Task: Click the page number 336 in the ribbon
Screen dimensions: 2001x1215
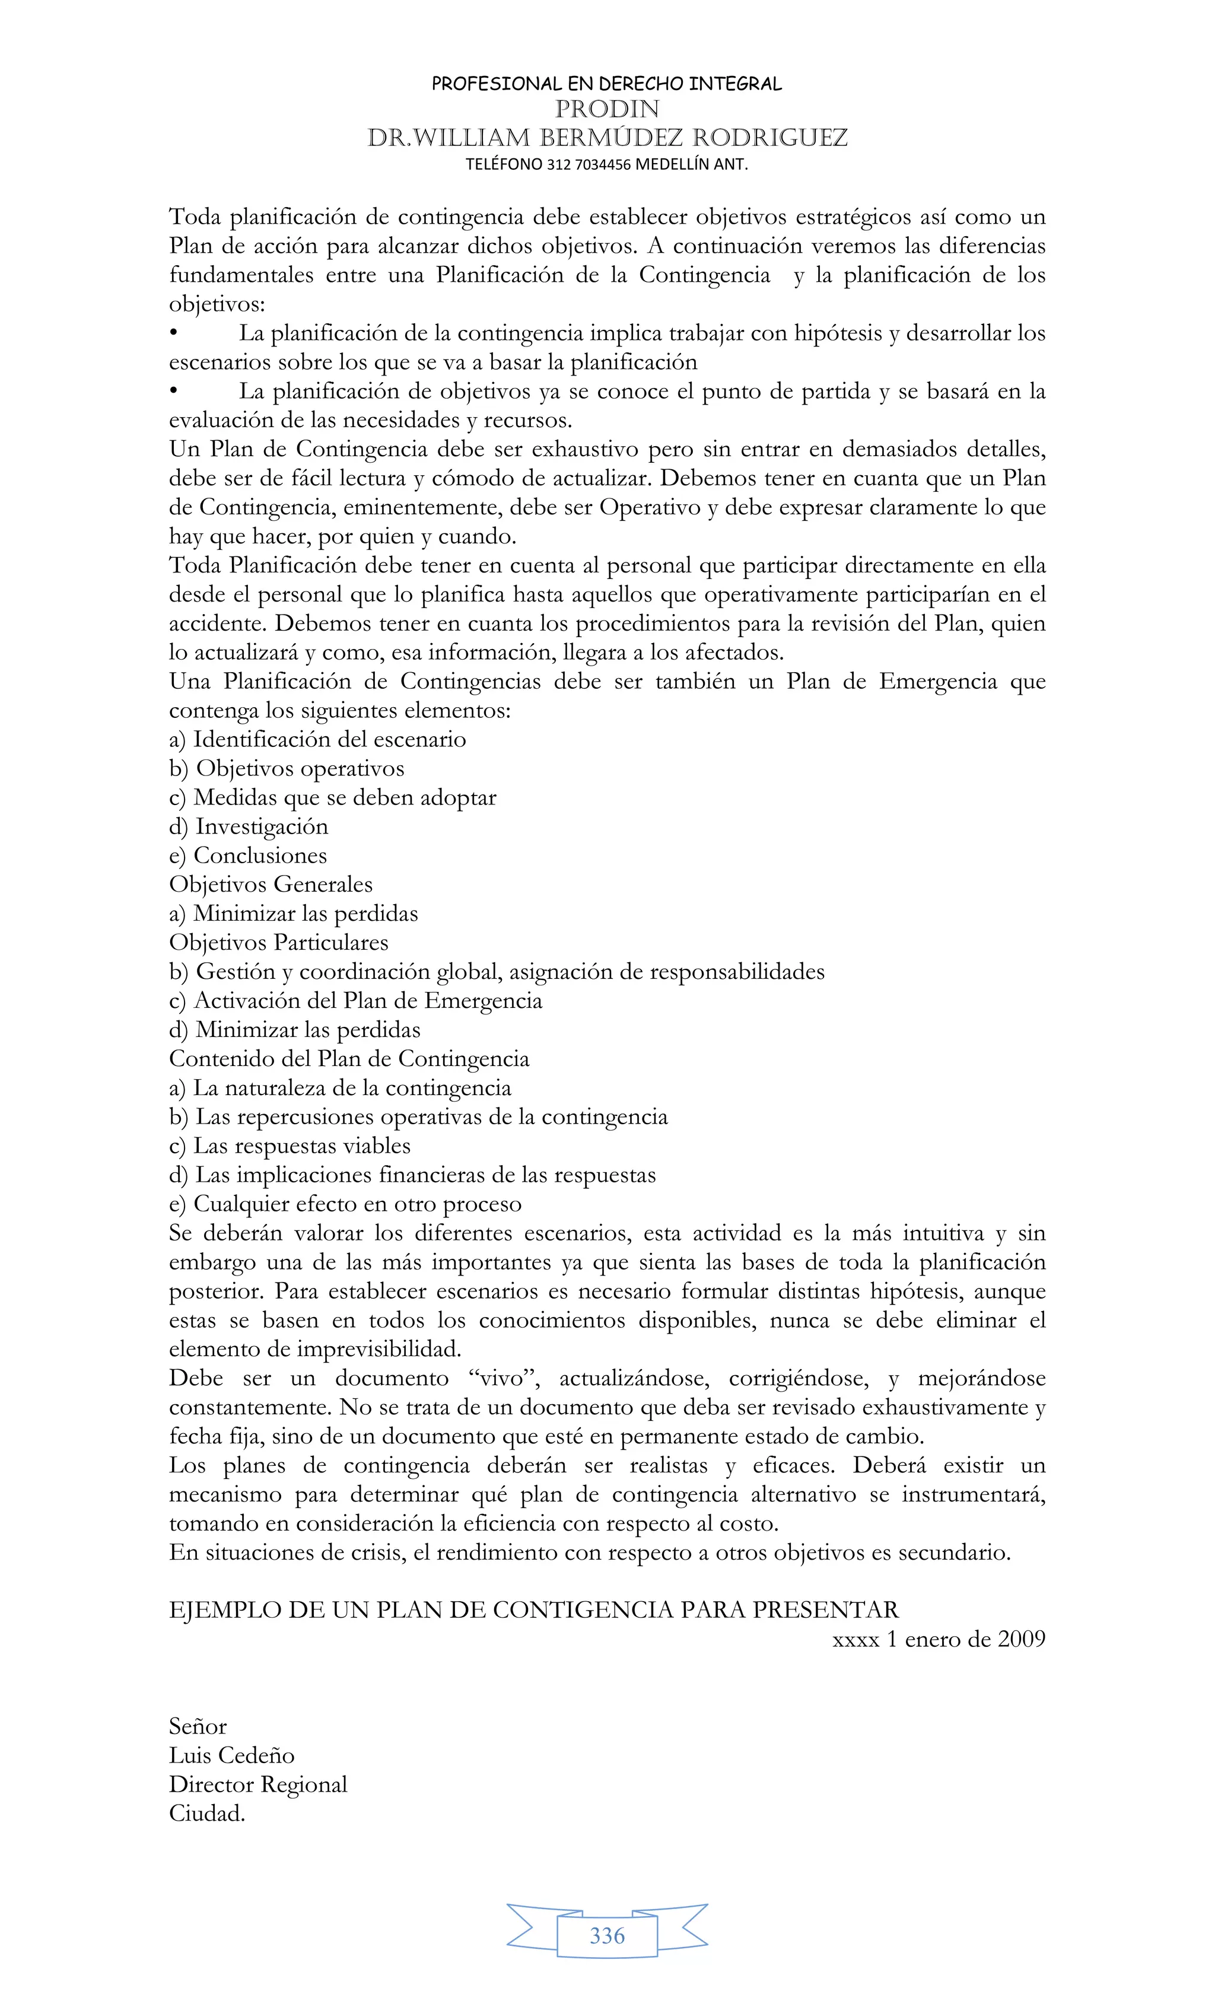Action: tap(607, 1935)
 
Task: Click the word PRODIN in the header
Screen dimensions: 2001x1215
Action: tap(607, 109)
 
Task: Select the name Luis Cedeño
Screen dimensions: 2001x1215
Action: tap(231, 1755)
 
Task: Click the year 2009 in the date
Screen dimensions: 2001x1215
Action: tap(1021, 1639)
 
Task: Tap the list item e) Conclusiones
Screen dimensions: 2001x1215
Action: tap(248, 855)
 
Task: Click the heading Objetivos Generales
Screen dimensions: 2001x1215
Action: tap(271, 885)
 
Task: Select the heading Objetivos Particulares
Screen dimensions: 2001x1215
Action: tap(279, 943)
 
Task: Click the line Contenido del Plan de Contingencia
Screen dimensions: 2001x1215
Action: tap(348, 1059)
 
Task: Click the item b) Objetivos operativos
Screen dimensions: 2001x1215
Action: tap(286, 768)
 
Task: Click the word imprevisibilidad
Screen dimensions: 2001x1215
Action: tap(379, 1350)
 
